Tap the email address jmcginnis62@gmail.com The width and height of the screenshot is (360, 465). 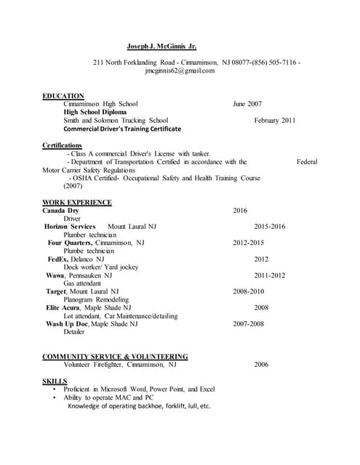click(180, 71)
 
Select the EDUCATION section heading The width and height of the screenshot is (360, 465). click(63, 96)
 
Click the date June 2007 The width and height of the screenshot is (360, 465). click(247, 104)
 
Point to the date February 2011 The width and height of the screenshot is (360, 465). click(275, 121)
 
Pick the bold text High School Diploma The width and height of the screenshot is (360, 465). click(95, 113)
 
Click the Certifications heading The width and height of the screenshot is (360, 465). click(62, 145)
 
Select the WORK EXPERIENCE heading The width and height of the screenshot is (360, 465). click(77, 202)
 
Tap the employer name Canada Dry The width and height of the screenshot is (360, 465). click(60, 211)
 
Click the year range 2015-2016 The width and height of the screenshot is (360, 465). click(270, 227)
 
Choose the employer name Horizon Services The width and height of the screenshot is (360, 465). click(70, 227)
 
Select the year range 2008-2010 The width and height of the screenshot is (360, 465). click(249, 291)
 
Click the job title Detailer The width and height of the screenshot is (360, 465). click(74, 332)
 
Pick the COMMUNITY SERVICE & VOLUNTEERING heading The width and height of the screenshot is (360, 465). click(115, 357)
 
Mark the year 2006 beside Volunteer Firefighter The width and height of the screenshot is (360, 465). click(261, 365)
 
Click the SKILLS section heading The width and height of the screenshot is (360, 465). click(55, 381)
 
